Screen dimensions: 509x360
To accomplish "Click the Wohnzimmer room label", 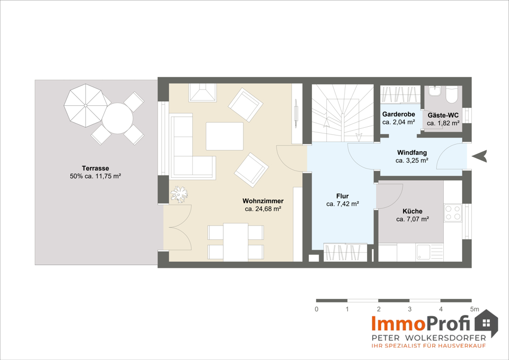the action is [263, 201].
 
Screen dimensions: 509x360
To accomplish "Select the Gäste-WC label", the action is [443, 115].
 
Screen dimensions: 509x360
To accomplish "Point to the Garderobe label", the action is [399, 114].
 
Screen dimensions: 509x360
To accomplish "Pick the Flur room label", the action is [343, 196].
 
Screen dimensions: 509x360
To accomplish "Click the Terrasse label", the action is [96, 168].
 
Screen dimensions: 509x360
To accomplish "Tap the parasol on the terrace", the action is [86, 105].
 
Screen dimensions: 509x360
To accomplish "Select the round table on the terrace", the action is [118, 118].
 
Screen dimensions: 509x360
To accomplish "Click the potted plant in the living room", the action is [179, 194].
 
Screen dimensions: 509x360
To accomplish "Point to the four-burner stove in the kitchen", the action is [453, 213].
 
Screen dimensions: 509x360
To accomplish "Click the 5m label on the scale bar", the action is [474, 310].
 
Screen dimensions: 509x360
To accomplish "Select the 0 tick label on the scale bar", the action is [317, 310].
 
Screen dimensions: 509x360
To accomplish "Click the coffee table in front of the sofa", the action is [224, 136].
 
